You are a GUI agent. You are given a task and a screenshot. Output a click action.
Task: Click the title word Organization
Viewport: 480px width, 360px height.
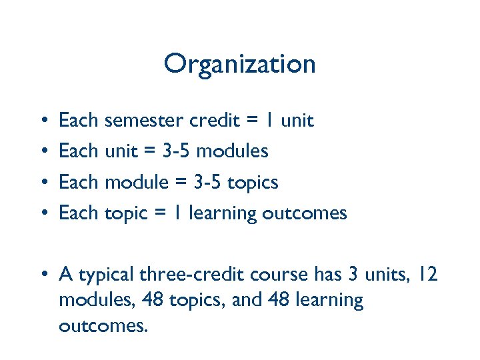[239, 64]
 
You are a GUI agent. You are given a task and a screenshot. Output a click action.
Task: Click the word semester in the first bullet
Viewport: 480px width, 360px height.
[143, 121]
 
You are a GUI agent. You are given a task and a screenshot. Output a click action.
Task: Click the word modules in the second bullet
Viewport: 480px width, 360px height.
[233, 151]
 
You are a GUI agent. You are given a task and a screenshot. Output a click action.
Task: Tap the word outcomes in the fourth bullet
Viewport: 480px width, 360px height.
[305, 213]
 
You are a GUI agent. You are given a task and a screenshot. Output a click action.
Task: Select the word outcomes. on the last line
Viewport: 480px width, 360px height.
[102, 326]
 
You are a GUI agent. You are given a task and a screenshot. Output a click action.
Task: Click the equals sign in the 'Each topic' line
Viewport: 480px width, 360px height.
[160, 213]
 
